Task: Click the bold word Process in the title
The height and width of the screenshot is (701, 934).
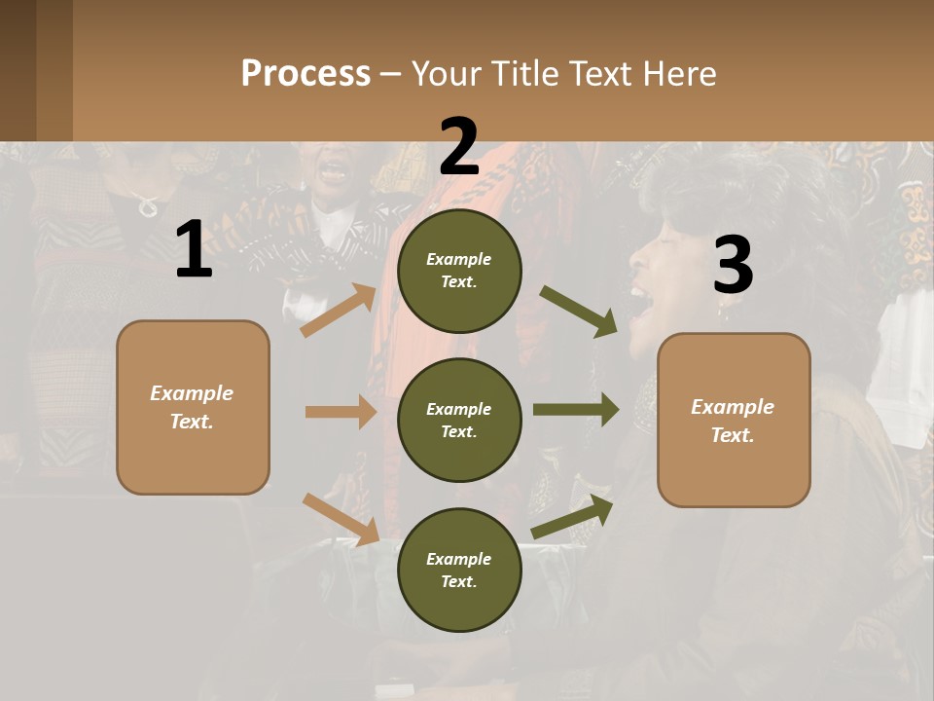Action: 305,73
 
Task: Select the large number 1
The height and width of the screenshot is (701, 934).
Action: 194,250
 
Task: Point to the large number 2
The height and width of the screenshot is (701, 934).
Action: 459,146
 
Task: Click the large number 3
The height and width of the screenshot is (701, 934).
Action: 733,265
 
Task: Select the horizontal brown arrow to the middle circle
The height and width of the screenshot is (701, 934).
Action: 341,412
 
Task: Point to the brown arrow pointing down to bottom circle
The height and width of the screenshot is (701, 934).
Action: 341,519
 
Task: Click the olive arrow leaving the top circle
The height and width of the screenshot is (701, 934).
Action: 578,311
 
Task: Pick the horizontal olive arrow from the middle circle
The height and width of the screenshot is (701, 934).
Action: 575,409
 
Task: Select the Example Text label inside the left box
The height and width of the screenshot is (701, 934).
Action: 192,407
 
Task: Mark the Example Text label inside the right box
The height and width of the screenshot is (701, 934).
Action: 733,421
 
